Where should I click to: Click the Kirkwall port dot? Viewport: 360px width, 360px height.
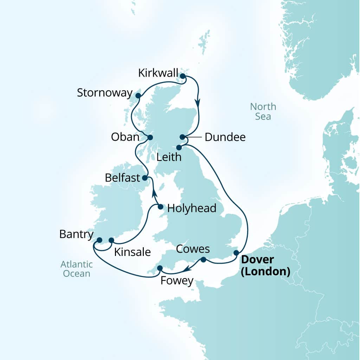pyautogui.click(x=182, y=76)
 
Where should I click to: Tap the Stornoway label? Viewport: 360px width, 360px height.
pyautogui.click(x=104, y=93)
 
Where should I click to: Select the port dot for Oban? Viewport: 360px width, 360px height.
pyautogui.click(x=150, y=137)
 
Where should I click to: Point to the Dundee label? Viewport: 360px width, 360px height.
pyautogui.click(x=225, y=137)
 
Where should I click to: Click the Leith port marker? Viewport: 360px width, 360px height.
pyautogui.click(x=179, y=147)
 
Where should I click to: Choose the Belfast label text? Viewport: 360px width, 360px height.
pyautogui.click(x=122, y=178)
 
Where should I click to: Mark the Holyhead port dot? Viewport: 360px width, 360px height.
pyautogui.click(x=160, y=207)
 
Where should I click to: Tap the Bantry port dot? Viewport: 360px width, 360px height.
pyautogui.click(x=99, y=240)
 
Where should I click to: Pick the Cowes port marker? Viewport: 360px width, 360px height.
pyautogui.click(x=203, y=260)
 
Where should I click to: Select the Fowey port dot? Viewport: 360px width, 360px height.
pyautogui.click(x=160, y=268)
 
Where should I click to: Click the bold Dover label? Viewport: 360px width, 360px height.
pyautogui.click(x=257, y=261)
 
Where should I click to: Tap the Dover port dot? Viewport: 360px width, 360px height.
pyautogui.click(x=236, y=252)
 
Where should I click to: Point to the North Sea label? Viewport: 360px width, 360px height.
pyautogui.click(x=263, y=111)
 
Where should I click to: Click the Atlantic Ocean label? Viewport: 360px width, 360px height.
pyautogui.click(x=77, y=269)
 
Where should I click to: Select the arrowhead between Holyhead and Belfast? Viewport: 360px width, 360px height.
pyautogui.click(x=154, y=192)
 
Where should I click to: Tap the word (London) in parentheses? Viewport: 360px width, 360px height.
pyautogui.click(x=265, y=271)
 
